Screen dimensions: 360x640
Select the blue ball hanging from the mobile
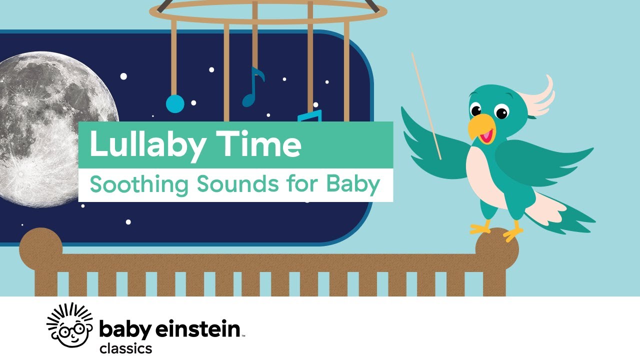[x=175, y=104]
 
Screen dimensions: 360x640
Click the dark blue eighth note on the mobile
[x=252, y=87]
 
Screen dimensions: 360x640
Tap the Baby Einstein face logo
[x=69, y=324]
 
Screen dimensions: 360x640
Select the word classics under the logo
[x=125, y=348]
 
